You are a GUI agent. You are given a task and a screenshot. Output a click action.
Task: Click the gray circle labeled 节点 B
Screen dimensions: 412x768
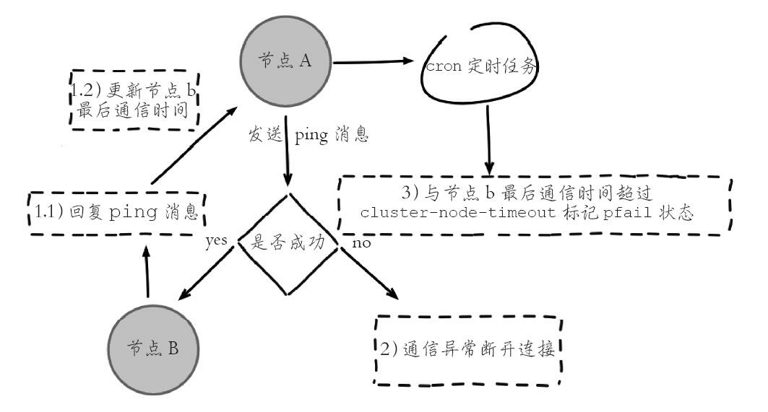pos(154,347)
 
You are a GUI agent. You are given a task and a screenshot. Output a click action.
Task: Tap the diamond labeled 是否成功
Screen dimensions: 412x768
pos(289,244)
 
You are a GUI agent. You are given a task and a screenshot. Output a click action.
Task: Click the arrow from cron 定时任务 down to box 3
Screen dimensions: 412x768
pos(490,137)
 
